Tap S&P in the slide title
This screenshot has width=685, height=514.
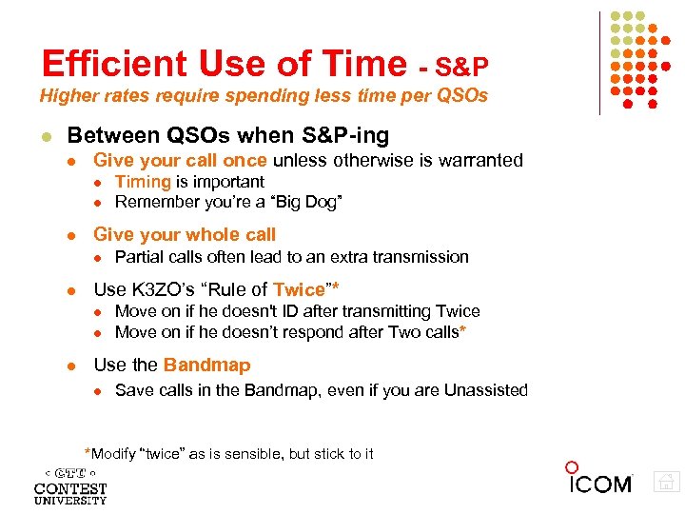tap(462, 67)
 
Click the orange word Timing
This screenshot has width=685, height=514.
tap(143, 182)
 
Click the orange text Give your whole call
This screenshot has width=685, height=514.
tap(185, 234)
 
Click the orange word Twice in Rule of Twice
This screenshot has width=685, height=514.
tap(299, 289)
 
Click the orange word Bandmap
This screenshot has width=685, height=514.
tap(206, 365)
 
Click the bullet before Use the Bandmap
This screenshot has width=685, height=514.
tap(73, 366)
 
